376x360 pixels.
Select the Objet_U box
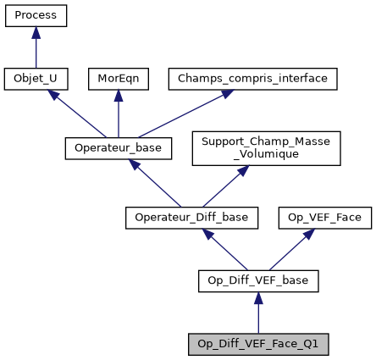coord(36,79)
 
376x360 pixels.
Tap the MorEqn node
coord(117,79)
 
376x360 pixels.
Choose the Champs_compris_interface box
coord(253,79)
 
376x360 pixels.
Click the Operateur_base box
coord(119,148)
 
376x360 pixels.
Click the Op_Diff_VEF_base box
coord(258,280)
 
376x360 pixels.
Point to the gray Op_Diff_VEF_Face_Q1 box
coord(258,344)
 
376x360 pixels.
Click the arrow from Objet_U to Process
coord(36,47)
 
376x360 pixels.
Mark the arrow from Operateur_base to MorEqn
coord(118,114)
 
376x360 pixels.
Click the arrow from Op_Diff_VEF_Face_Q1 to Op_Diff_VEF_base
coord(258,313)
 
